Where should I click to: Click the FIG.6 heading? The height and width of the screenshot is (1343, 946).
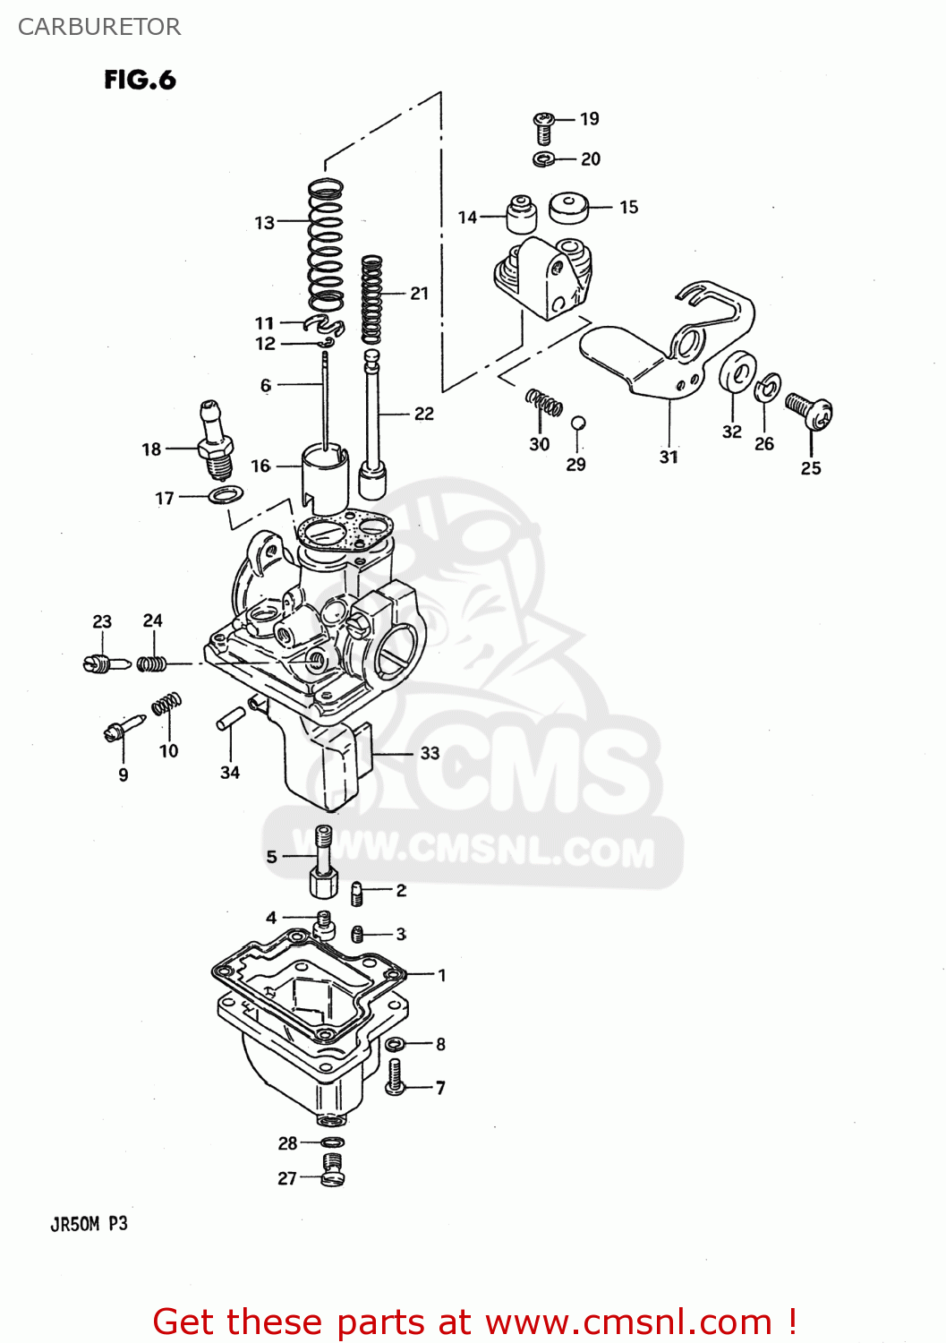pyautogui.click(x=140, y=80)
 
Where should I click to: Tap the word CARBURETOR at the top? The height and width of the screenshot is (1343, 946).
pyautogui.click(x=99, y=27)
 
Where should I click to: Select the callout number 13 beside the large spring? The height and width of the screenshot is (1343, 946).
pyautogui.click(x=264, y=222)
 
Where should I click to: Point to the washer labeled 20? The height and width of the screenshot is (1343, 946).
pyautogui.click(x=543, y=159)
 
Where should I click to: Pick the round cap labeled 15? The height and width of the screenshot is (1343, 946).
pyautogui.click(x=569, y=208)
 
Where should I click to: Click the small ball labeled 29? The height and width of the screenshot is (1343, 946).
pyautogui.click(x=578, y=423)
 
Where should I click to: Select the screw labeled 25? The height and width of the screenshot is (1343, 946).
pyautogui.click(x=810, y=410)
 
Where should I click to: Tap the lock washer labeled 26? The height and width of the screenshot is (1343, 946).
pyautogui.click(x=767, y=388)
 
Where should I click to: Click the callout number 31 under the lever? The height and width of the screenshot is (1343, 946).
pyautogui.click(x=669, y=457)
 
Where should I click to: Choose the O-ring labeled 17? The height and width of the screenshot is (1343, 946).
pyautogui.click(x=227, y=494)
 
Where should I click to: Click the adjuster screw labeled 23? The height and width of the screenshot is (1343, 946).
pyautogui.click(x=107, y=663)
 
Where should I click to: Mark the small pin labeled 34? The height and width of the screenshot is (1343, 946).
pyautogui.click(x=231, y=718)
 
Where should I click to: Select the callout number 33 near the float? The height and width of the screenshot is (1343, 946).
pyautogui.click(x=430, y=753)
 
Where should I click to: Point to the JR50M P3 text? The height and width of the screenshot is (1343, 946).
pyautogui.click(x=89, y=1224)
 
